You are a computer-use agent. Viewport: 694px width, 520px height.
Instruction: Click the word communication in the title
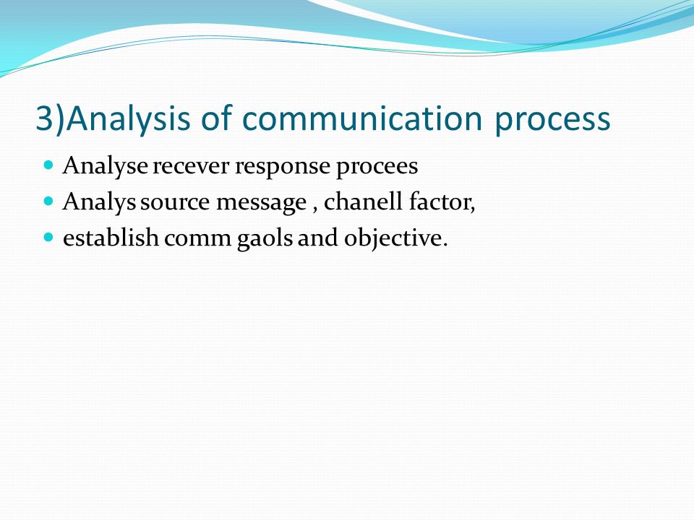pos(362,118)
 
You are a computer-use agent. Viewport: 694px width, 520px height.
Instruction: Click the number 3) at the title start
pos(50,118)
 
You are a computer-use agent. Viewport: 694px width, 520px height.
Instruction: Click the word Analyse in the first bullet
pos(106,167)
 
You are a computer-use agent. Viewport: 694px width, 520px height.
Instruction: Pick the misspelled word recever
pos(191,167)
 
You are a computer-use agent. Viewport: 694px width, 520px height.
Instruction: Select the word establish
pos(111,238)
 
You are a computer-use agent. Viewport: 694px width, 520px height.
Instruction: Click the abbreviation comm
pos(198,240)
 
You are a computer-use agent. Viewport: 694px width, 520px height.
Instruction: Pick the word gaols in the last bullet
pos(265,239)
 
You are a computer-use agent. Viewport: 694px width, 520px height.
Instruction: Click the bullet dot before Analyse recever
pos(48,165)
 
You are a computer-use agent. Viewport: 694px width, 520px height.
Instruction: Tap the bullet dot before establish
pos(48,237)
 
